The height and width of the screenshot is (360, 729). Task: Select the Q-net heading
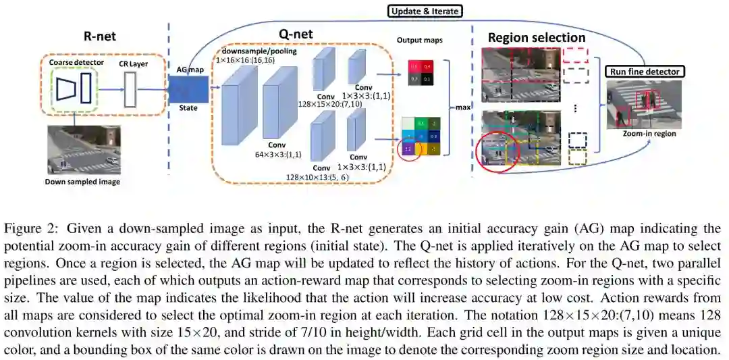pyautogui.click(x=295, y=34)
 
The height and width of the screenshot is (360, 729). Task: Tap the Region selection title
pyautogui.click(x=536, y=37)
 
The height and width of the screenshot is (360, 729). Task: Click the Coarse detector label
pyautogui.click(x=77, y=63)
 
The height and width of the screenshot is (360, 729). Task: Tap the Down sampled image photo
pyautogui.click(x=83, y=151)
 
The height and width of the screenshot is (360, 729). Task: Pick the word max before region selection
pyautogui.click(x=462, y=107)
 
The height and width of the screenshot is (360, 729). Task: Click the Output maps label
pyautogui.click(x=419, y=41)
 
